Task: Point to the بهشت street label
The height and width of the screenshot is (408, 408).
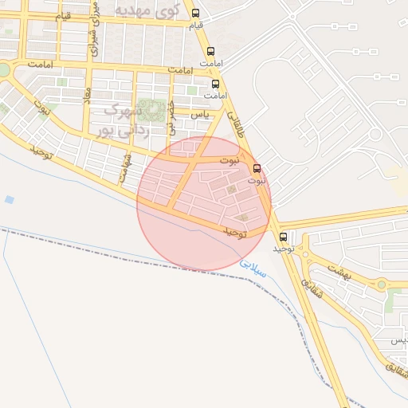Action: (x=345, y=273)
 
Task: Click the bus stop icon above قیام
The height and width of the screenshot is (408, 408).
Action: (x=196, y=12)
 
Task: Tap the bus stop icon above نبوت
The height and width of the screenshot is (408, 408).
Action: (x=257, y=168)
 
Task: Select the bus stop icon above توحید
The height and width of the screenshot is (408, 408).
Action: (x=284, y=237)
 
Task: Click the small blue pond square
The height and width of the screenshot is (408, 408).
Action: (x=9, y=199)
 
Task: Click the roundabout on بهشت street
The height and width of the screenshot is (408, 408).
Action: (x=382, y=284)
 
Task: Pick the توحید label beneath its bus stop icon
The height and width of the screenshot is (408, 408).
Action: (x=284, y=249)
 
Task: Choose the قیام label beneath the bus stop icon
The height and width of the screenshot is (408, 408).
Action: (x=195, y=25)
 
